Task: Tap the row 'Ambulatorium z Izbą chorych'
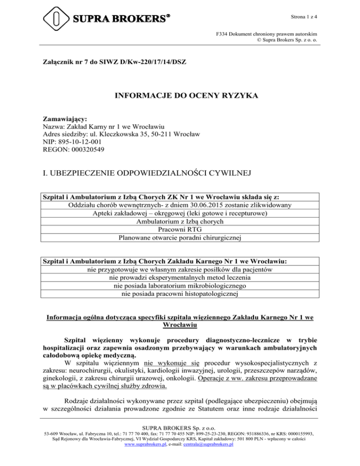(180, 222)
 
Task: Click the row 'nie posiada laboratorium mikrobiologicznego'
(180, 286)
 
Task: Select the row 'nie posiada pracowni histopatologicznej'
(180, 294)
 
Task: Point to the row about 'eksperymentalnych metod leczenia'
(180, 277)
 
